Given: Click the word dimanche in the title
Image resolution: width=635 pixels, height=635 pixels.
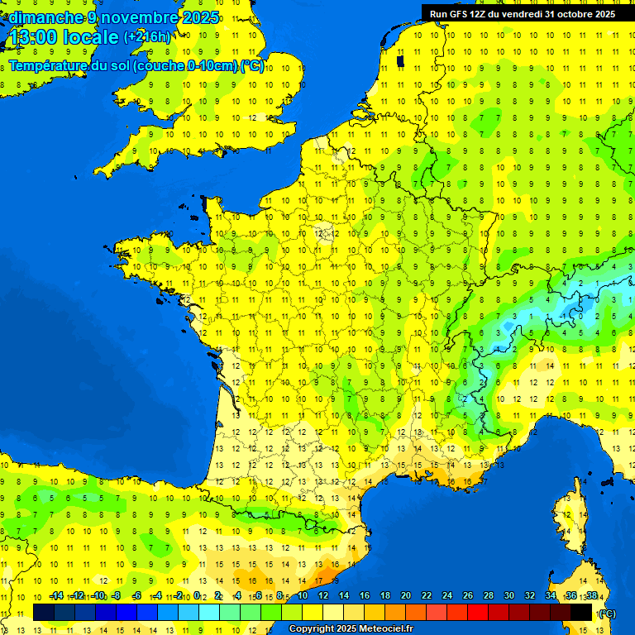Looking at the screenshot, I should [x=45, y=17].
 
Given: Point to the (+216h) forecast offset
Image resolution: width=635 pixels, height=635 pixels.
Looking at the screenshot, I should [x=147, y=37].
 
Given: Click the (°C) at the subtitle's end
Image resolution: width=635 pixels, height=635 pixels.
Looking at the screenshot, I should [x=253, y=66].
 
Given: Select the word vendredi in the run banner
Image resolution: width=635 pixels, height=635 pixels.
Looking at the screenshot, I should [x=526, y=14].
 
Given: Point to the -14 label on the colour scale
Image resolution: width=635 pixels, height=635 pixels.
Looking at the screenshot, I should [x=56, y=596].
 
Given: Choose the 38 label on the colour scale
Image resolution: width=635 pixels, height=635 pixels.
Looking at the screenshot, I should [x=591, y=596].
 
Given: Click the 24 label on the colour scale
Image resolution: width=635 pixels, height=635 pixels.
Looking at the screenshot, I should [x=447, y=596].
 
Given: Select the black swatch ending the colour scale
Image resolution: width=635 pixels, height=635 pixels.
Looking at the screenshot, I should [x=582, y=612].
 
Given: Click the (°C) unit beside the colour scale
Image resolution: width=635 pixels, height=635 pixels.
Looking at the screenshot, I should [x=606, y=613].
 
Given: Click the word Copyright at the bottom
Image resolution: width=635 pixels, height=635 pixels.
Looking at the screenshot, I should [x=312, y=629].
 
